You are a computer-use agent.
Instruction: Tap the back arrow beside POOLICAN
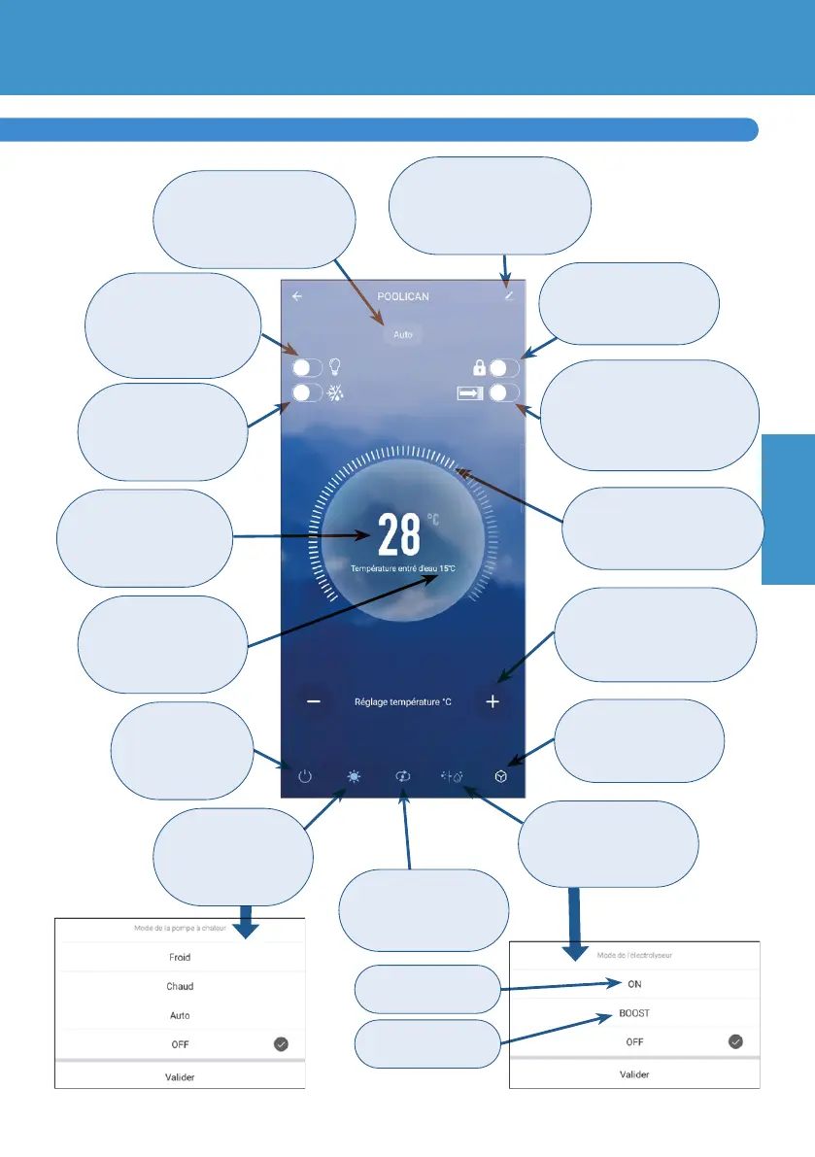[297, 296]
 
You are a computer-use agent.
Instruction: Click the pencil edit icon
[508, 296]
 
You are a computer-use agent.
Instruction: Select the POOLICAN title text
[403, 296]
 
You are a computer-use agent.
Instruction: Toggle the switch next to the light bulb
[308, 369]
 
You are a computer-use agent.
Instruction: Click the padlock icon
[477, 369]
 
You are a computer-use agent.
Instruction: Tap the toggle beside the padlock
[505, 369]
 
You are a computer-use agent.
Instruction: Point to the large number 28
[399, 535]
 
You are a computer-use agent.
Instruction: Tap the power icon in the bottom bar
[305, 777]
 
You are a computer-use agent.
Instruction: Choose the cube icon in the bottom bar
[500, 777]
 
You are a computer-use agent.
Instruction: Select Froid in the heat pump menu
[180, 957]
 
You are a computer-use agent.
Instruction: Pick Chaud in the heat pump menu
[180, 986]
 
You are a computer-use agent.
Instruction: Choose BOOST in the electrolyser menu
[634, 1012]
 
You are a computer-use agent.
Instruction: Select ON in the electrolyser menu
[634, 984]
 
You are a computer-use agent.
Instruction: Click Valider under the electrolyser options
[634, 1074]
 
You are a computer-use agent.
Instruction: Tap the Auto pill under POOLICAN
[403, 334]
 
